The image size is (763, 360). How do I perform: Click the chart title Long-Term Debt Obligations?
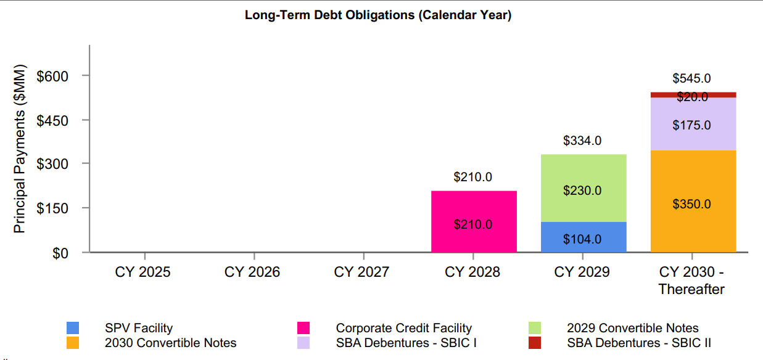pos(377,15)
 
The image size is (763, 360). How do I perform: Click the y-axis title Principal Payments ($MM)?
pos(20,149)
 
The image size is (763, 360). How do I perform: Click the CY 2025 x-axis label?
pos(142,272)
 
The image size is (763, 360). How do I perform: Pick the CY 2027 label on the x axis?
pos(361,272)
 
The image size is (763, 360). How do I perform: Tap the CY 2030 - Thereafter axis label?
pos(691,280)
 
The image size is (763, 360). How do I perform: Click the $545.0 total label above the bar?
pos(691,78)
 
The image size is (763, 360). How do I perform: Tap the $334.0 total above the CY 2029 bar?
pos(582,141)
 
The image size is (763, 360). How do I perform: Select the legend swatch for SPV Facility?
pos(73,328)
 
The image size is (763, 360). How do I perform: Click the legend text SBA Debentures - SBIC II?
pos(638,343)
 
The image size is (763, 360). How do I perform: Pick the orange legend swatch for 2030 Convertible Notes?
pos(73,343)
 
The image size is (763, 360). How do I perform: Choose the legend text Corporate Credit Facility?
pos(403,328)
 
